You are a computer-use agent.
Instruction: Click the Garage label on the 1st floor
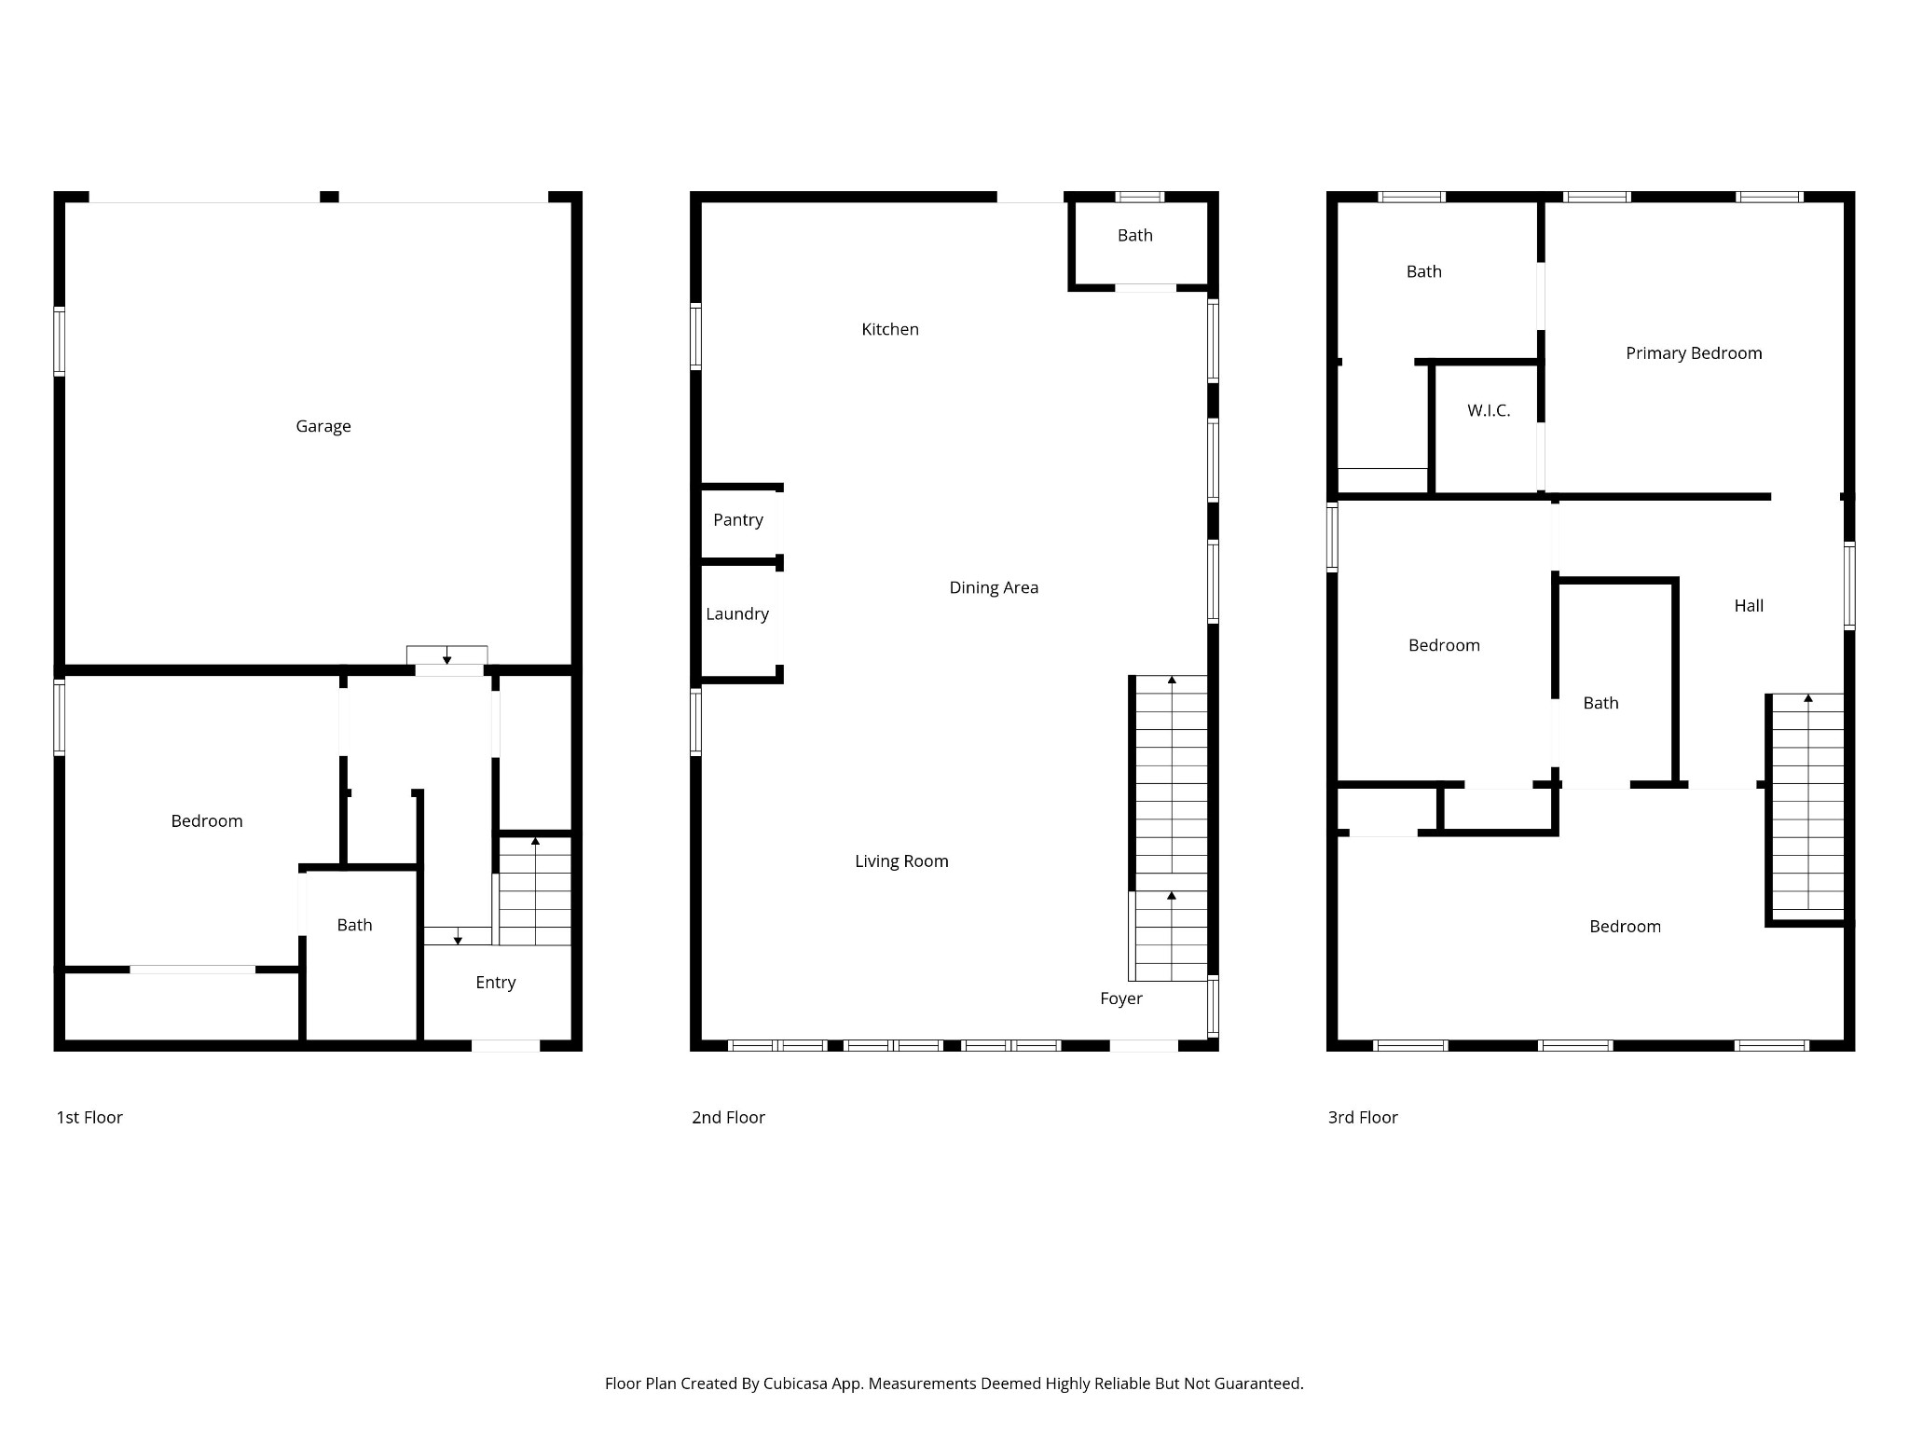click(x=323, y=426)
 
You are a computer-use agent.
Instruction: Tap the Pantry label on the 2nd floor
click(x=737, y=520)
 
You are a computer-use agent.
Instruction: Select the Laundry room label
click(x=736, y=613)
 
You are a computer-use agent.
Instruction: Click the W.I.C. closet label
click(x=1488, y=410)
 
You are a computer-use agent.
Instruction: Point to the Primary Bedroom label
click(x=1693, y=353)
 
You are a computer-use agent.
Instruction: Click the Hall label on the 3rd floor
click(x=1748, y=606)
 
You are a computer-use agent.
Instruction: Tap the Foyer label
click(x=1120, y=998)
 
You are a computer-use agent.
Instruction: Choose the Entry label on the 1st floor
click(x=495, y=983)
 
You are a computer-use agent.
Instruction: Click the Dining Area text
click(x=993, y=587)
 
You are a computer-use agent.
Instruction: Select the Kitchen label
click(x=889, y=329)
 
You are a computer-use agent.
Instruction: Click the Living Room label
click(x=900, y=861)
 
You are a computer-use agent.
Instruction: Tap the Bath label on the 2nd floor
click(x=1134, y=236)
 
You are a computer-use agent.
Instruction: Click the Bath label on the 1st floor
click(x=354, y=925)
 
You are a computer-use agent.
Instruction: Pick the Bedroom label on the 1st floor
click(x=206, y=821)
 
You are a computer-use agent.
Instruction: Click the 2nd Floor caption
click(x=727, y=1117)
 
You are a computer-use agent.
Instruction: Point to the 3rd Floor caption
click(x=1362, y=1117)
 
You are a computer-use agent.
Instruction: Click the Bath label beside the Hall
click(x=1600, y=703)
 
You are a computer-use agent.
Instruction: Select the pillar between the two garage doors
click(x=329, y=197)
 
